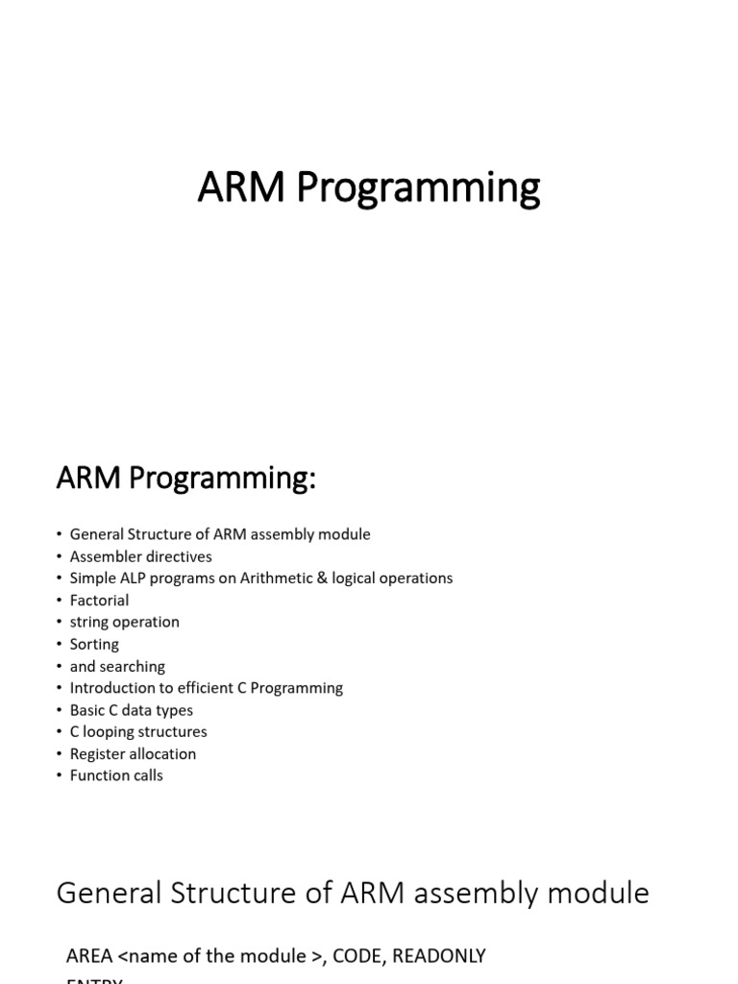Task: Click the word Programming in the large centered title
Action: point(418,189)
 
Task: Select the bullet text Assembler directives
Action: point(140,556)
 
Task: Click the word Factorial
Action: point(99,601)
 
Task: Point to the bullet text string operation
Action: point(124,622)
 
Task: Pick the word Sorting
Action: point(94,644)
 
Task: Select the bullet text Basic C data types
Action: point(131,710)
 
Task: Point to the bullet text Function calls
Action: point(116,775)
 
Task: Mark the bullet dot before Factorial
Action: point(59,601)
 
